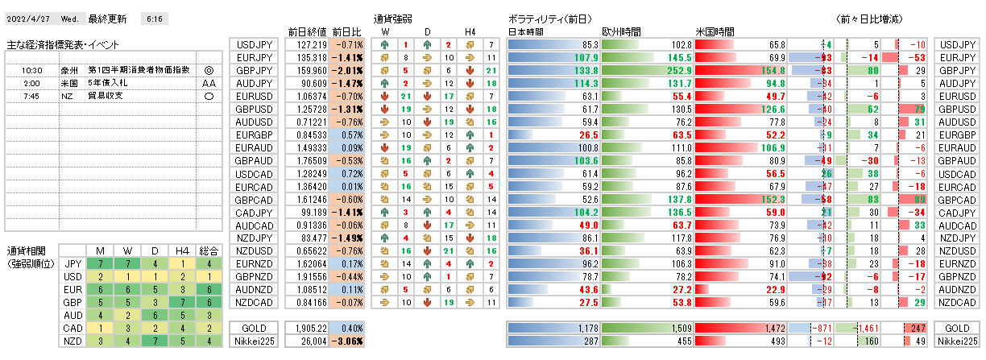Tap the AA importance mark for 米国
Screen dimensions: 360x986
click(x=209, y=84)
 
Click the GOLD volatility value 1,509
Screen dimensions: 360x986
click(x=677, y=329)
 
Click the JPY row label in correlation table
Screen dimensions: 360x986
click(x=72, y=263)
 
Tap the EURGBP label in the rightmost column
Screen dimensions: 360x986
click(x=959, y=134)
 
